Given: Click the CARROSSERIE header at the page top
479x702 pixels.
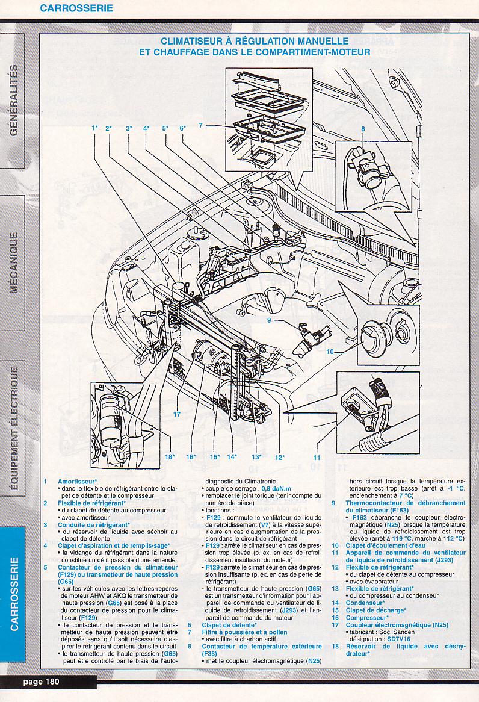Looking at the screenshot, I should click(76, 8).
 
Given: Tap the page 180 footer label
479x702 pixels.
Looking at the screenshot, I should click(42, 682).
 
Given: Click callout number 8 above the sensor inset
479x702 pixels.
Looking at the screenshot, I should click(363, 128).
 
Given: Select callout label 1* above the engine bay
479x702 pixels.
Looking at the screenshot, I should click(95, 128).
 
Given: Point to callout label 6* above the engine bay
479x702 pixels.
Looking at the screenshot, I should click(182, 128).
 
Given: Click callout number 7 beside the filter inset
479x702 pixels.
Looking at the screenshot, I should click(201, 125).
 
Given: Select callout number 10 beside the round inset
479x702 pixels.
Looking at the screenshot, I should click(330, 351).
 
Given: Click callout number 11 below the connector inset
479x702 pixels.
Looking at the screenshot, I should click(317, 457).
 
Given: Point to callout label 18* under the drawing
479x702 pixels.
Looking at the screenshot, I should click(170, 457).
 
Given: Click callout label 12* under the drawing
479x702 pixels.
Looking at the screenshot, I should click(279, 457).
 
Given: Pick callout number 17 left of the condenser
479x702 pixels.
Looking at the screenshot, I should click(176, 414).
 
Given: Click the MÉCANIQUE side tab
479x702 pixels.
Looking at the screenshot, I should click(13, 263).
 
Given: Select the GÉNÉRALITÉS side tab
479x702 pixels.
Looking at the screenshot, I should click(13, 99).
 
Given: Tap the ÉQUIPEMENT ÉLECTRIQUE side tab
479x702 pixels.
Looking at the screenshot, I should click(13, 429).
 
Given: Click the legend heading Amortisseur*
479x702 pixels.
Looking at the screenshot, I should click(78, 482).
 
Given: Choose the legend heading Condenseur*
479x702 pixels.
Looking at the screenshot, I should click(365, 603).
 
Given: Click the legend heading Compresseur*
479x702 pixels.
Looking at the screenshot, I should click(366, 617).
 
